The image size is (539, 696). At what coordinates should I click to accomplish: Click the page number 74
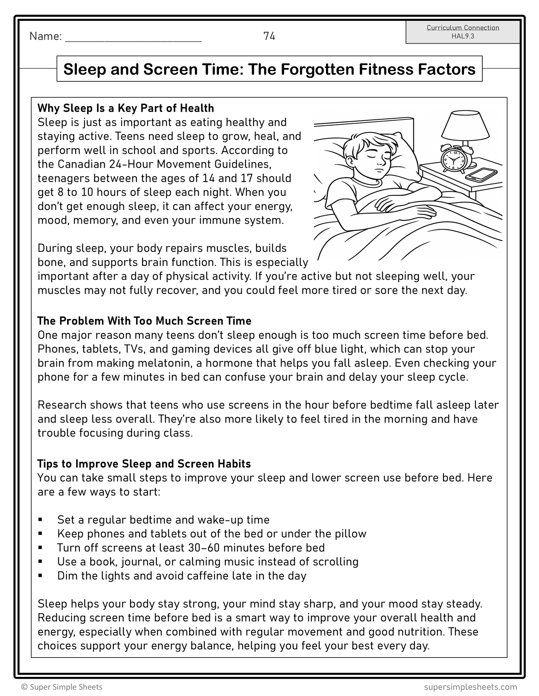tap(269, 36)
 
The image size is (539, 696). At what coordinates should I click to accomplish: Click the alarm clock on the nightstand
tap(453, 159)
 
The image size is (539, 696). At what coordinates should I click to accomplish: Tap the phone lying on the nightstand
tap(482, 174)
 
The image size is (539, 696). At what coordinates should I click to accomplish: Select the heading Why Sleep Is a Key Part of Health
tap(126, 108)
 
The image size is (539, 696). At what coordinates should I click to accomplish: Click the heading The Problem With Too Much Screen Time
tap(144, 321)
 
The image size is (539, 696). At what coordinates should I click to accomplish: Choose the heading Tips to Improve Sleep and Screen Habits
tap(144, 464)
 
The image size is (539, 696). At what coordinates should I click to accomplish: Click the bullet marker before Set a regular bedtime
tap(40, 520)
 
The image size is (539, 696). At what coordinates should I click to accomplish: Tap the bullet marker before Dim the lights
tap(40, 576)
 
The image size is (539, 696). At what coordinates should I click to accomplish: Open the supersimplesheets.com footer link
tap(470, 687)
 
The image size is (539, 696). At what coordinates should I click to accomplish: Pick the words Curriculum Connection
tap(463, 28)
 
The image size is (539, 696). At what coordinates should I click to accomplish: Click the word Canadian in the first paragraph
tap(81, 164)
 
